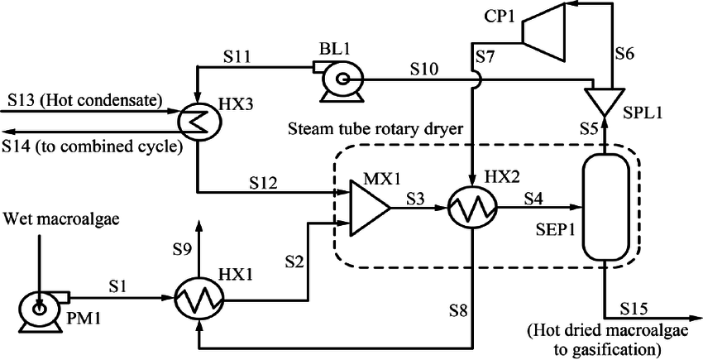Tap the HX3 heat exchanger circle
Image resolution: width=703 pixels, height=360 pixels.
click(x=197, y=122)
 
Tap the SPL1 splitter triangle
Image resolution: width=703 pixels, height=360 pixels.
click(x=606, y=100)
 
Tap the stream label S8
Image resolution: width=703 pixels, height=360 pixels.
click(x=459, y=311)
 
